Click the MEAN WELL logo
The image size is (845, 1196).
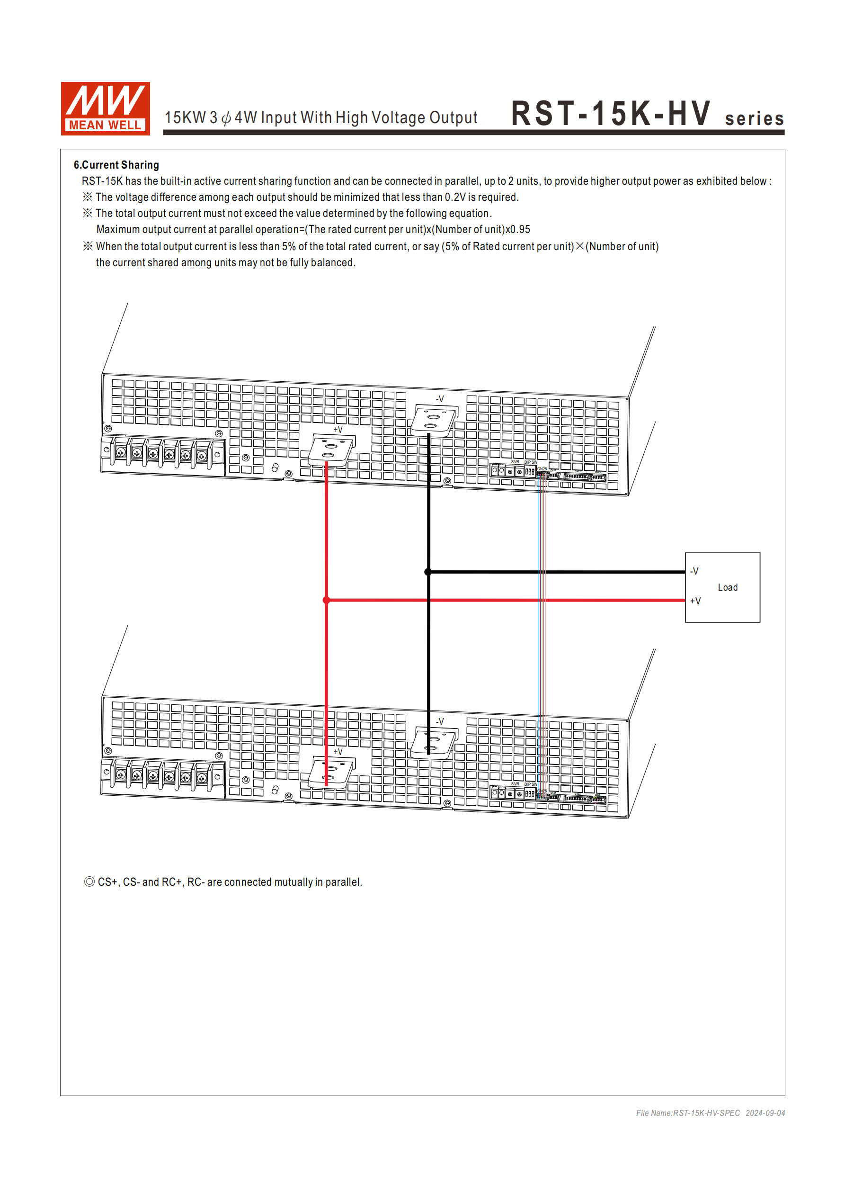[105, 108]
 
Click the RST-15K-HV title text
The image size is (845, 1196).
[610, 114]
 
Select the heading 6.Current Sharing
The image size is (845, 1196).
[116, 165]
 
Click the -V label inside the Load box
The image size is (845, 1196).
[694, 571]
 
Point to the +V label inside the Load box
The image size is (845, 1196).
[695, 601]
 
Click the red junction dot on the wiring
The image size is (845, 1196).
[327, 600]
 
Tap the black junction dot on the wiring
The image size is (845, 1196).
[428, 572]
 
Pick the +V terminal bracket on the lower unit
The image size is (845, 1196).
[331, 773]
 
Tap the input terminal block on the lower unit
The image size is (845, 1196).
[162, 777]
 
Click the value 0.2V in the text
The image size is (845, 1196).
[455, 198]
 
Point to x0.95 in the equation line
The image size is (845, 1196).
[517, 230]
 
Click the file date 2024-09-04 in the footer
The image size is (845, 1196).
[765, 1113]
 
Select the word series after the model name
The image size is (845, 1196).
[754, 119]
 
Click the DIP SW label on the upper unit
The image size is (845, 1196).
[531, 462]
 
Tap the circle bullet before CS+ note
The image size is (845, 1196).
[89, 881]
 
